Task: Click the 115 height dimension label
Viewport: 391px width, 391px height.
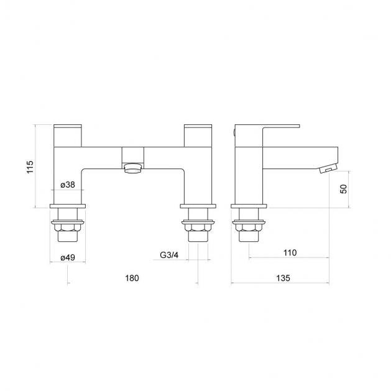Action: [30, 167]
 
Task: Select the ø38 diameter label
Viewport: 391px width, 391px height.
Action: [68, 185]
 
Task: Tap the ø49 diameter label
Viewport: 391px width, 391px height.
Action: [68, 257]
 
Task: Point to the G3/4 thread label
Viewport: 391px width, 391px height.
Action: [169, 255]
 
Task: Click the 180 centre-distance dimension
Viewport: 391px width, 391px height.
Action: [132, 278]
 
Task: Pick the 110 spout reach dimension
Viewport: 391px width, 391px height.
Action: [290, 253]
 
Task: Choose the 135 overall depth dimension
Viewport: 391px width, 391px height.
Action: [283, 278]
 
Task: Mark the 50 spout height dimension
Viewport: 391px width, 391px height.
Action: [343, 189]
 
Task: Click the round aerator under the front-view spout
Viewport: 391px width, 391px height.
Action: [132, 168]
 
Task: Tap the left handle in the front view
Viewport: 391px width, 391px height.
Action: [68, 136]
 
